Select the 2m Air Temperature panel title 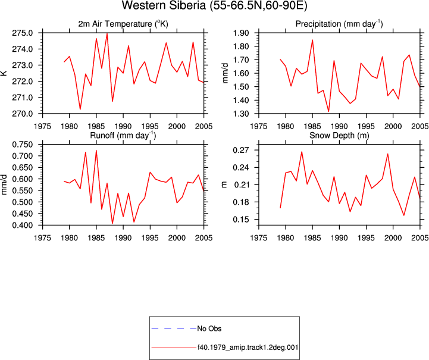(x=123, y=24)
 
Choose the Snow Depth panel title (x=339, y=136)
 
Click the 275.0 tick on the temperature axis (x=23, y=33)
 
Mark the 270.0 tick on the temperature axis (x=23, y=114)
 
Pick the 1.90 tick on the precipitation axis (x=241, y=33)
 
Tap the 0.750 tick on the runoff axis (x=23, y=145)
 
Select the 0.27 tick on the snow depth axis (x=241, y=150)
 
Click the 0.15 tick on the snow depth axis (x=241, y=220)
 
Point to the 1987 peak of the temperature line (x=107, y=33)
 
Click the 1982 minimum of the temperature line (x=80, y=109)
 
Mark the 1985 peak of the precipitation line (x=312, y=40)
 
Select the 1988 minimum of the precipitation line (x=328, y=111)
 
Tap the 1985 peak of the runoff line (x=96, y=151)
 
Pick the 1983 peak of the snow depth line (x=302, y=152)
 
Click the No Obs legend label (x=209, y=328)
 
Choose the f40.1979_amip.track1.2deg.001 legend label (x=248, y=348)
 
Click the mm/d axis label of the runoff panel (x=4, y=184)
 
